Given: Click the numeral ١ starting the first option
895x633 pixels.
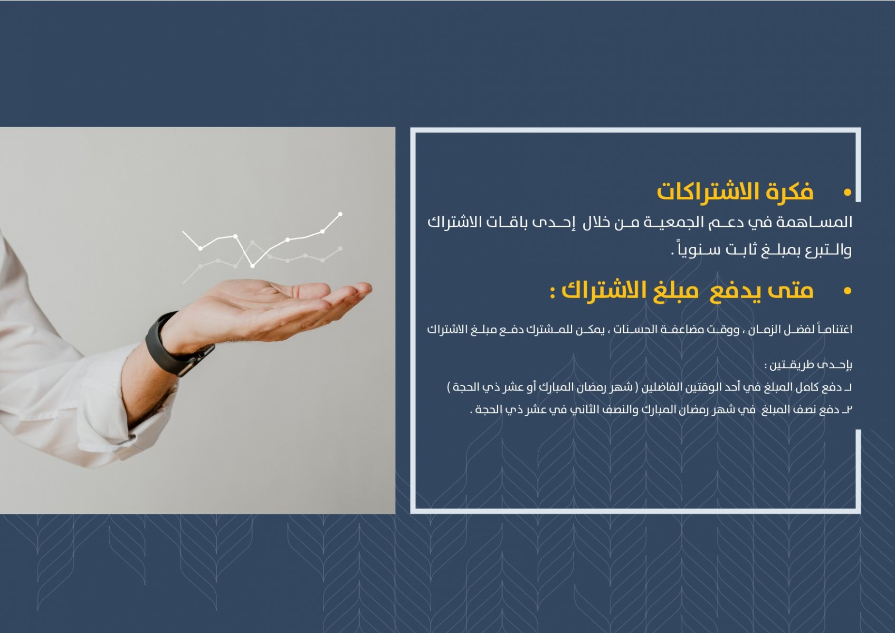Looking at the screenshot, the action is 850,387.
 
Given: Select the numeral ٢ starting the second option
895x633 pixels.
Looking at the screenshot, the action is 850,410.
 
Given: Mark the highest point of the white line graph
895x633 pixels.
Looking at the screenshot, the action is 340,214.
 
